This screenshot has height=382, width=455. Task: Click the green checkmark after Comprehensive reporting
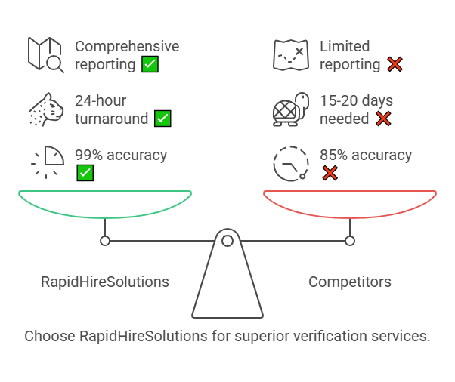pos(150,64)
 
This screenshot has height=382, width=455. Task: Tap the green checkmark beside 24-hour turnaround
pos(162,119)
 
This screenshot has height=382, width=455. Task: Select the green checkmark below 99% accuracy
pos(85,173)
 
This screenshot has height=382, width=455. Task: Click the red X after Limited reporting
pos(395,64)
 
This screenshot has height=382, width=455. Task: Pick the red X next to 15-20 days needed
pos(383,119)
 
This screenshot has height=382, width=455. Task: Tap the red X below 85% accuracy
pos(330,173)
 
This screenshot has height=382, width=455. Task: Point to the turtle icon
pos(291,109)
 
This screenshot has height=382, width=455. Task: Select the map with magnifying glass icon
pos(46,54)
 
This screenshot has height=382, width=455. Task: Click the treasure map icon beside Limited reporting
pos(291,54)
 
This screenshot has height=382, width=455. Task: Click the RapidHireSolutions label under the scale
pos(105,282)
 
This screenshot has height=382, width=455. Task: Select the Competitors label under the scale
pos(350,282)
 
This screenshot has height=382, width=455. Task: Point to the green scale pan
pos(105,204)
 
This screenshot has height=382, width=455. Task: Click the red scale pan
pos(350,204)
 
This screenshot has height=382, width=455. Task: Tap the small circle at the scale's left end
pos(105,241)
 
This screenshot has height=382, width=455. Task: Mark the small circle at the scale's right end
pos(350,241)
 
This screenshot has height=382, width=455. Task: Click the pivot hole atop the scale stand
pos(227,241)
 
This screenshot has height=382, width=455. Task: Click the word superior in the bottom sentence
pos(256,336)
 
